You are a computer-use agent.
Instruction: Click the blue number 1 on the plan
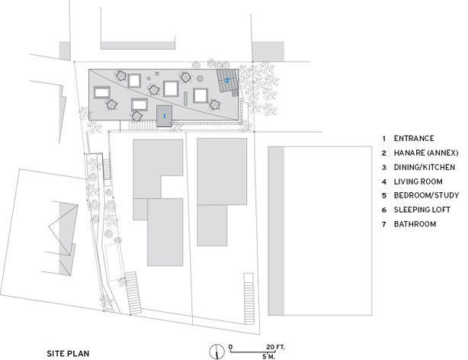(x=164, y=116)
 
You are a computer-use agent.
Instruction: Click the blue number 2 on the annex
(x=227, y=80)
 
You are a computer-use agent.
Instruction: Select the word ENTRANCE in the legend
(x=414, y=138)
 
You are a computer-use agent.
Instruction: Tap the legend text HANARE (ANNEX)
(x=426, y=153)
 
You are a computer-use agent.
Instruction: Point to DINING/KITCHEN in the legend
(x=425, y=167)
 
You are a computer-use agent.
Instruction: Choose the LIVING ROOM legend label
(x=418, y=182)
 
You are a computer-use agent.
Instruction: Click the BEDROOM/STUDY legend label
(x=426, y=195)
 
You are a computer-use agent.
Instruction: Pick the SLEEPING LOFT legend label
(x=422, y=210)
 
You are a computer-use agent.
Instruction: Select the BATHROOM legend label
(x=415, y=223)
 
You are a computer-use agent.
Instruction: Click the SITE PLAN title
(x=68, y=353)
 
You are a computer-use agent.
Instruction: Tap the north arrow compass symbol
(x=216, y=352)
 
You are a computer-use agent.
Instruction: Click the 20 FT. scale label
(x=275, y=347)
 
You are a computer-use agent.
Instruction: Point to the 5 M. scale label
(x=268, y=357)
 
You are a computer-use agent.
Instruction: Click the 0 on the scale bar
(x=231, y=347)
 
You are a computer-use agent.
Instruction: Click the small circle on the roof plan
(x=200, y=79)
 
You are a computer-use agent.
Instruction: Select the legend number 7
(x=384, y=224)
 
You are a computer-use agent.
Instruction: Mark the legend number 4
(x=384, y=182)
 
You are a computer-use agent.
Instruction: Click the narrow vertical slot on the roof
(x=186, y=98)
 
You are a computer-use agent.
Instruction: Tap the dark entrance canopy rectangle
(x=164, y=116)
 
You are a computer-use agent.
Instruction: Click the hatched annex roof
(x=227, y=80)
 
